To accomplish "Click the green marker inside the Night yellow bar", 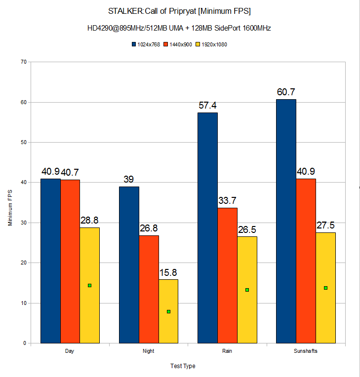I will [168, 311].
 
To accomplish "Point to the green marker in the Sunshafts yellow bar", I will [325, 288].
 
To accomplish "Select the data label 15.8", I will [168, 272].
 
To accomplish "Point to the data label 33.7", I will [227, 200].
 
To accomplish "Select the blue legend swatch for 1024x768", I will [133, 44].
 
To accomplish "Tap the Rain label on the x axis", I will [227, 351].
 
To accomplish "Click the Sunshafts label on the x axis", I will [306, 351].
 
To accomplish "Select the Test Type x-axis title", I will [183, 366].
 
